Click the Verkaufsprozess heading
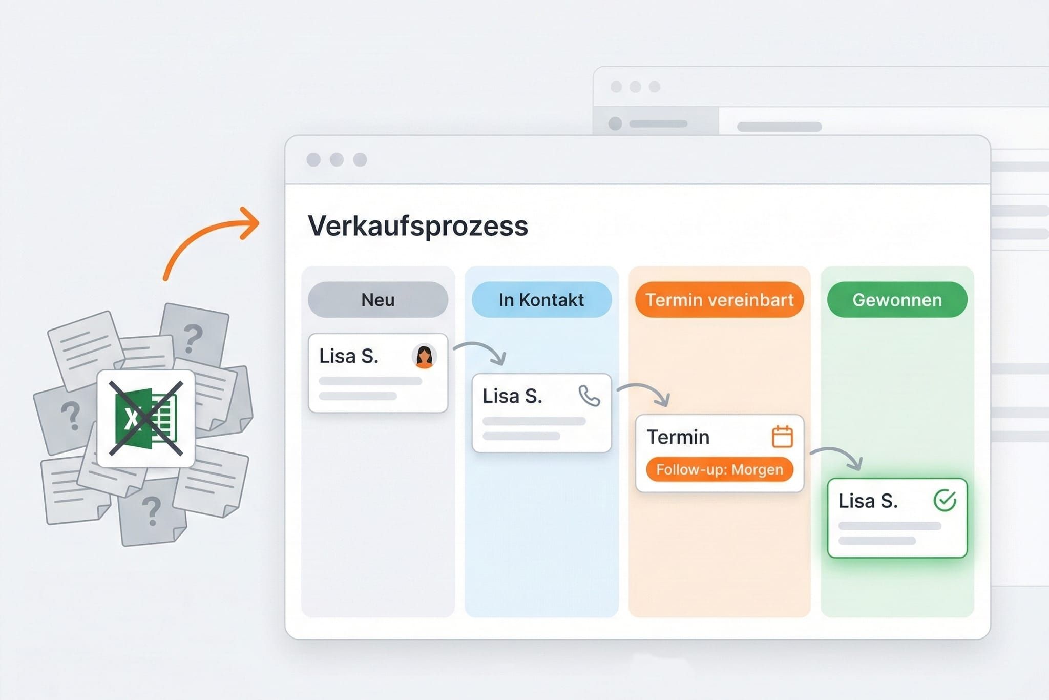tap(417, 226)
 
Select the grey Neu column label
tap(377, 300)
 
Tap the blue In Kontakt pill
tap(541, 300)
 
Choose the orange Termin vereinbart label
tap(719, 300)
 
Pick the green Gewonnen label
tap(897, 300)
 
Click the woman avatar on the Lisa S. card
tap(424, 356)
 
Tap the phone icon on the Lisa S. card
tap(589, 396)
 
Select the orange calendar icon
tap(782, 437)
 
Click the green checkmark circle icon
tap(945, 500)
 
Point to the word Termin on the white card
tap(678, 437)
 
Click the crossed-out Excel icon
tap(146, 418)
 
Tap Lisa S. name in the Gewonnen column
tap(868, 501)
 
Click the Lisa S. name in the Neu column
tap(348, 356)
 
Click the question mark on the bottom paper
tap(151, 511)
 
